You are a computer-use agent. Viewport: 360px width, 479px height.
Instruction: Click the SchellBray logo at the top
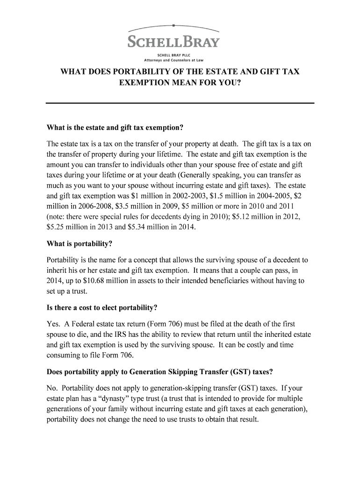[x=173, y=41]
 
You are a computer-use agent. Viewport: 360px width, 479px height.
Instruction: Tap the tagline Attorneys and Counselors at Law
[x=173, y=60]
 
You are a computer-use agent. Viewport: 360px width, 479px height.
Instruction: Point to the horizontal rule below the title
[x=180, y=103]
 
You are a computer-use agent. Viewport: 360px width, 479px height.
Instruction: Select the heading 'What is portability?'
[x=80, y=244]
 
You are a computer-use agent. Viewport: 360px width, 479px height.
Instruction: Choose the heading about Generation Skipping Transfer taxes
[x=160, y=372]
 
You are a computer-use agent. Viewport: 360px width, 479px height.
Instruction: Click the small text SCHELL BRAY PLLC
[x=173, y=55]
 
